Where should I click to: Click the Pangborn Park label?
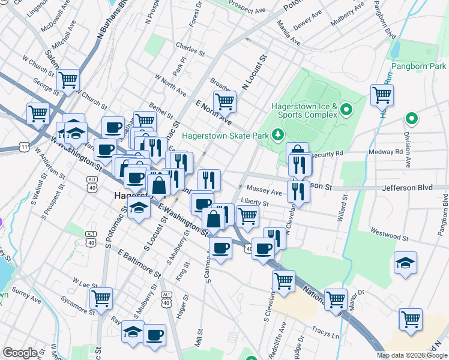tap(419, 66)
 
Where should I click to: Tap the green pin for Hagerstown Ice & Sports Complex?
tap(346, 110)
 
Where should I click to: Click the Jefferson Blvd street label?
tap(407, 188)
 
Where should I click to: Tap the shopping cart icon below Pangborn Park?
tap(382, 95)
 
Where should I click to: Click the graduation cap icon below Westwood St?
tap(405, 263)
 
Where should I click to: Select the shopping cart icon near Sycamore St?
tap(101, 298)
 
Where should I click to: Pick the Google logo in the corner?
tap(20, 353)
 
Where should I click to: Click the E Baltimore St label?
tap(140, 264)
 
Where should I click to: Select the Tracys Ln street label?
tap(326, 331)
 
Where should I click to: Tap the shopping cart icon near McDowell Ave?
tap(68, 79)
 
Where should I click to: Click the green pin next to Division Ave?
tap(411, 119)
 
